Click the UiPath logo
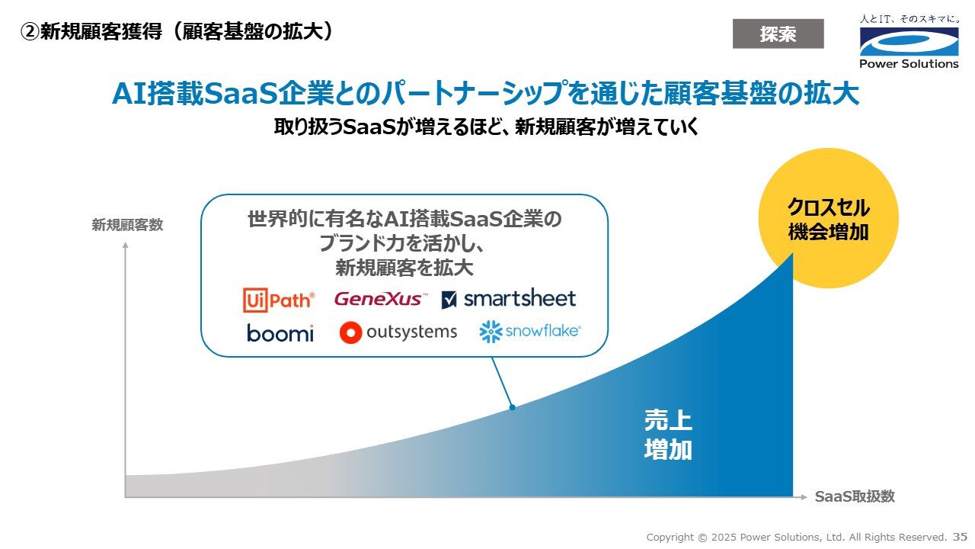pyautogui.click(x=279, y=300)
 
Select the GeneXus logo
pyautogui.click(x=381, y=299)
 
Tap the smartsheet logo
pyautogui.click(x=508, y=298)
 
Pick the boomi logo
pyautogui.click(x=280, y=333)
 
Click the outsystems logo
pyautogui.click(x=398, y=332)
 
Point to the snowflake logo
pyautogui.click(x=529, y=332)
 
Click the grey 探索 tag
pyautogui.click(x=778, y=34)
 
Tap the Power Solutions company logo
pyautogui.click(x=909, y=42)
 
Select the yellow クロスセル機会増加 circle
pyautogui.click(x=828, y=218)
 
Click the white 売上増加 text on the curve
pyautogui.click(x=668, y=435)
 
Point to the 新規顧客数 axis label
pyautogui.click(x=127, y=225)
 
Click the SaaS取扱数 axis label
pyautogui.click(x=855, y=496)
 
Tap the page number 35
pyautogui.click(x=960, y=537)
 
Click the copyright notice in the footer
pyautogui.click(x=797, y=538)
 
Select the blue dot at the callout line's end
pyautogui.click(x=513, y=407)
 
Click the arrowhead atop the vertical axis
pyautogui.click(x=126, y=246)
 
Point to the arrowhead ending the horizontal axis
pyautogui.click(x=804, y=497)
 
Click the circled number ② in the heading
pyautogui.click(x=30, y=32)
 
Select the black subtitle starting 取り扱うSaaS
pyautogui.click(x=486, y=127)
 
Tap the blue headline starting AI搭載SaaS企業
pyautogui.click(x=486, y=93)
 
